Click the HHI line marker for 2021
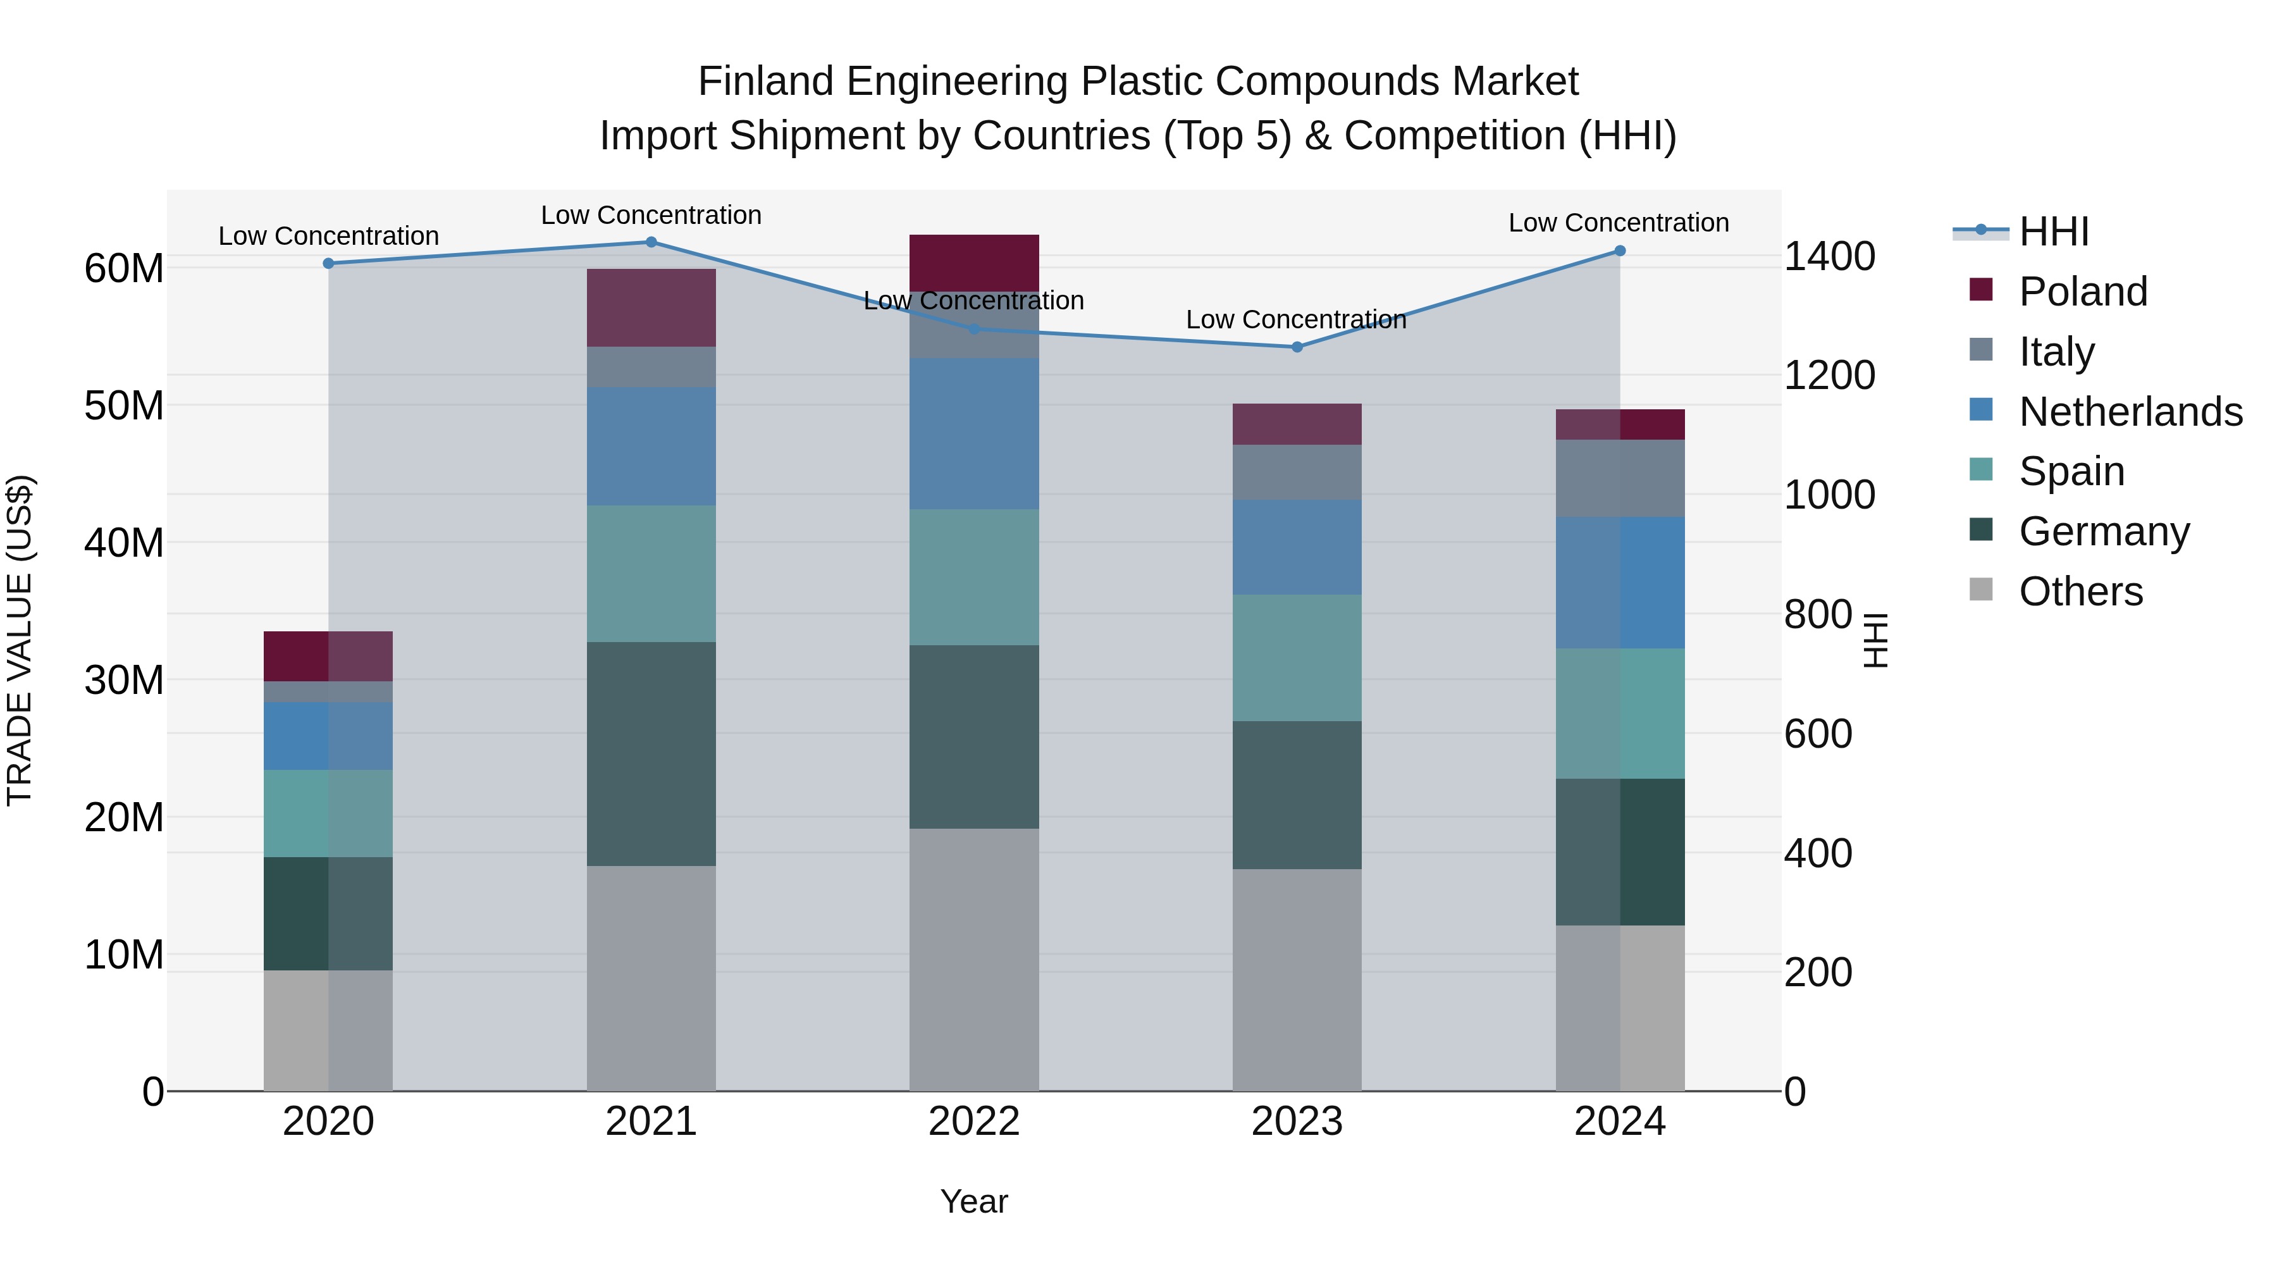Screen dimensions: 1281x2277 tap(651, 242)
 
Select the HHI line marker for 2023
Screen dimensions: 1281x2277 tap(1297, 347)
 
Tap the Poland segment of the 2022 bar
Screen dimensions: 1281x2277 tap(973, 263)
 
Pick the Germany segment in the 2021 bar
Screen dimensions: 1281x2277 tap(651, 753)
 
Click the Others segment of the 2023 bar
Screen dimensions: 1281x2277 tap(1297, 979)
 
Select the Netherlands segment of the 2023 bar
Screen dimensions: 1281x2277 tap(1297, 547)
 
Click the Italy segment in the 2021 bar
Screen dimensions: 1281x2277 tap(651, 367)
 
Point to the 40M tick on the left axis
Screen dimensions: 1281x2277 tap(124, 543)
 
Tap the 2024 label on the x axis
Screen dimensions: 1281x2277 tap(1619, 1122)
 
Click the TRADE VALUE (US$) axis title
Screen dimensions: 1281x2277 tap(20, 640)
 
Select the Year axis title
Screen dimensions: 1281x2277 tap(973, 1201)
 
